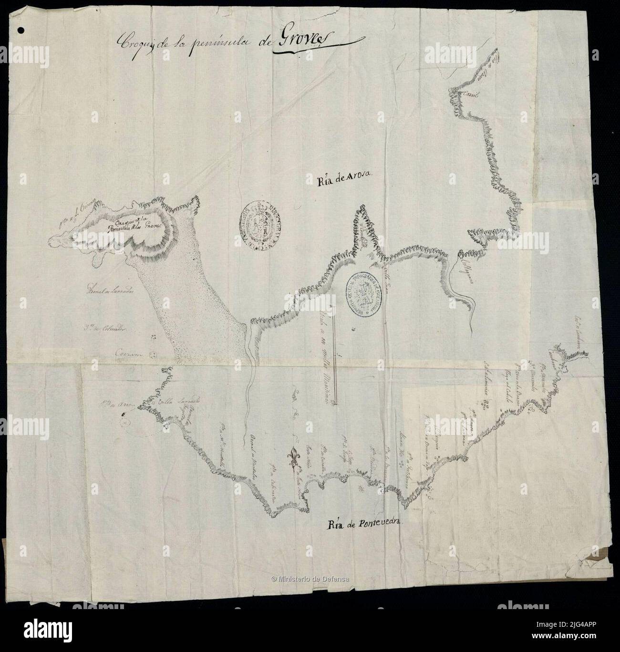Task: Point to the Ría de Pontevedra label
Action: pos(365,525)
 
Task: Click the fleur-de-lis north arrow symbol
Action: pos(292,457)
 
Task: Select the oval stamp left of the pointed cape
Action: pos(259,225)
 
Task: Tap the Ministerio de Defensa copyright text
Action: pos(310,579)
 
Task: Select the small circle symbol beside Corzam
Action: pos(154,355)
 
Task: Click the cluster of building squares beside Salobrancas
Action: pos(487,406)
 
